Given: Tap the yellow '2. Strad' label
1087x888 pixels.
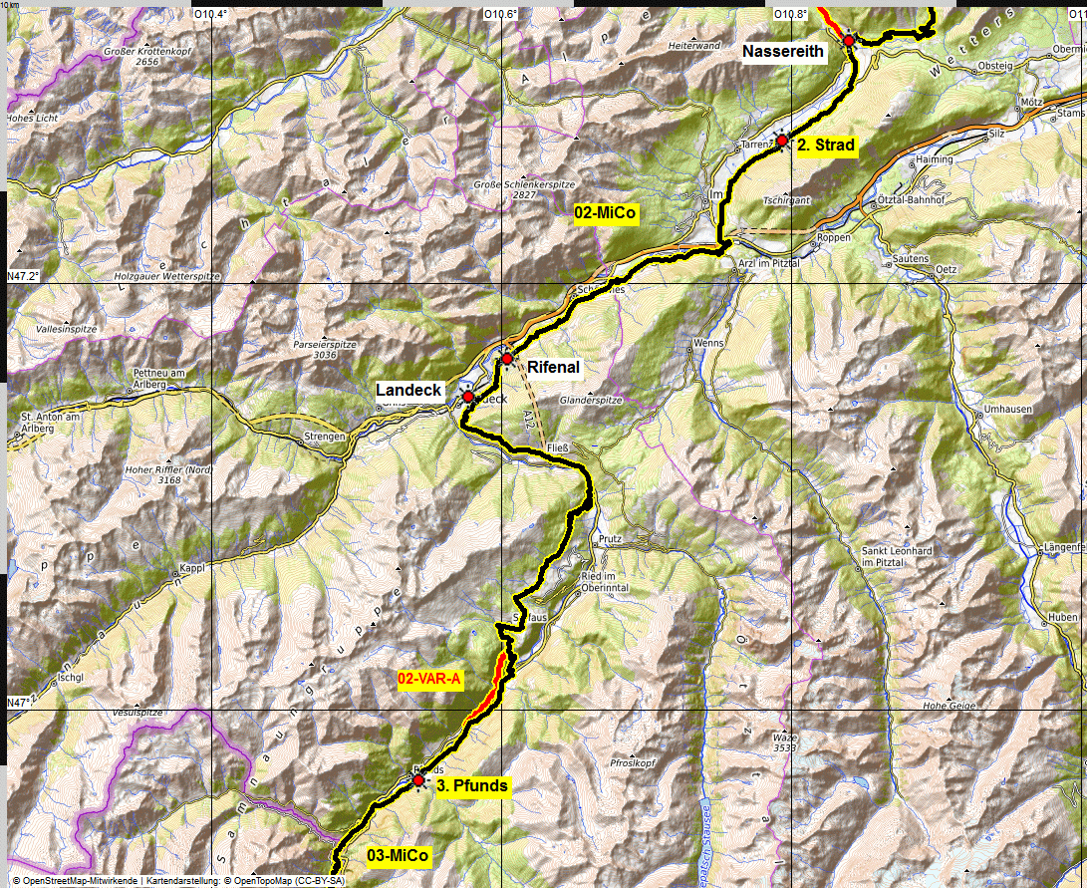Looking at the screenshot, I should pos(825,146).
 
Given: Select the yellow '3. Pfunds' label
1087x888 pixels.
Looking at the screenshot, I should pos(472,786).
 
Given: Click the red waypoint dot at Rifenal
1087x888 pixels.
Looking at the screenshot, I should pos(507,358).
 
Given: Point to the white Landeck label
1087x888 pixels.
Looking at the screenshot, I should pos(408,390).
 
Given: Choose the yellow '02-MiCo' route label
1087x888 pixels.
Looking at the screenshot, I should pos(605,213).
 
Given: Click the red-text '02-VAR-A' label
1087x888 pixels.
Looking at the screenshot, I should pos(429,680).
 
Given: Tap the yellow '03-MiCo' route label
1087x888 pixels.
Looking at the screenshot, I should pos(398,856).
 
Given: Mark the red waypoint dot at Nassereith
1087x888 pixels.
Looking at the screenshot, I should pos(849,40).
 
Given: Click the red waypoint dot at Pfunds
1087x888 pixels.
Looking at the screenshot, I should pos(418,779).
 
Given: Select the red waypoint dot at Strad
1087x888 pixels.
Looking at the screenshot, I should pos(782,141).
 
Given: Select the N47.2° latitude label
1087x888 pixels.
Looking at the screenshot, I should pos(22,276).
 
